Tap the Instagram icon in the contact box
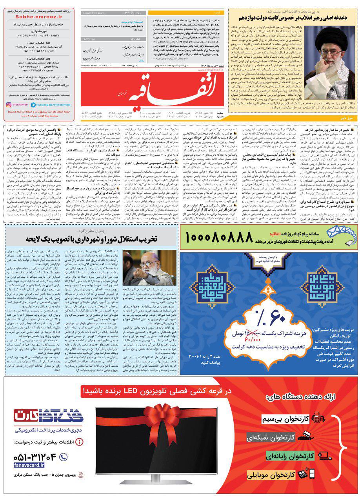(9, 105)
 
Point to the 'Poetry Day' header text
(90, 40)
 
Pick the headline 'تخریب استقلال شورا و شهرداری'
(91, 238)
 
